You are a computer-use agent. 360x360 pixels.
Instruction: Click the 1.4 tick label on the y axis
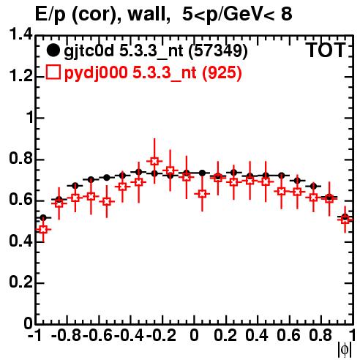point(20,34)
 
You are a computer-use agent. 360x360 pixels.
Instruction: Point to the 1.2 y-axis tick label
point(20,75)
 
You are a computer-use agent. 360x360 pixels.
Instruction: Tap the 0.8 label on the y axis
point(20,158)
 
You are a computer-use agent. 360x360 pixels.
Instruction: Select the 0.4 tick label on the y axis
point(20,241)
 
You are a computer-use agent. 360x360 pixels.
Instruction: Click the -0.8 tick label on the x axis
point(67,335)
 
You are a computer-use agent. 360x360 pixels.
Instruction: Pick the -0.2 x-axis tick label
point(161,335)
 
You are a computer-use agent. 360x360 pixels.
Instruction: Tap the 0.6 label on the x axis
point(288,335)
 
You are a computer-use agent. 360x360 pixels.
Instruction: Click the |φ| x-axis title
point(345,350)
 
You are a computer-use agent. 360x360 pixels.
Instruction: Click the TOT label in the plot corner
point(326,50)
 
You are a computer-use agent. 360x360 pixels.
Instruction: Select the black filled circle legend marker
point(53,50)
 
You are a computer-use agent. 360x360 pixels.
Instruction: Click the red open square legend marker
point(53,72)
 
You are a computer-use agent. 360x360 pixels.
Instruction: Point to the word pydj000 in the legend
point(96,73)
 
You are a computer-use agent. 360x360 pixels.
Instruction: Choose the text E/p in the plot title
point(50,15)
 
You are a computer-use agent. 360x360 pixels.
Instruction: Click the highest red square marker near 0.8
point(154,161)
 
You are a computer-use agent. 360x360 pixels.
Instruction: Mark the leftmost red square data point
point(43,229)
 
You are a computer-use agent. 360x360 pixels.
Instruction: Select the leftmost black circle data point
point(43,217)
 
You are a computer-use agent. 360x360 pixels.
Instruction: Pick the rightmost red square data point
point(345,220)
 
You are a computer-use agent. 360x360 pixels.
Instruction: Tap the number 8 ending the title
point(287,14)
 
